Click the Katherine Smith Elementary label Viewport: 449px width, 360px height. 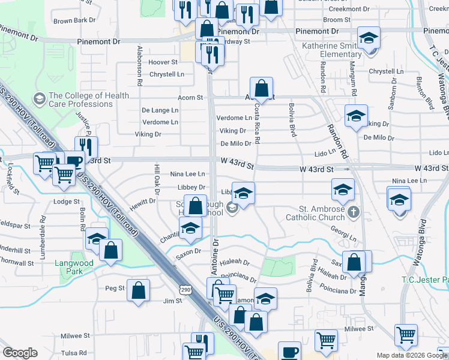click(x=340, y=50)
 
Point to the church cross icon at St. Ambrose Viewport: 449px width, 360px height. click(x=354, y=211)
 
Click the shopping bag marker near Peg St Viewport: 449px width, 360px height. click(x=139, y=291)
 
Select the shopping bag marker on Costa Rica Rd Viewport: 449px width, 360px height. click(x=262, y=89)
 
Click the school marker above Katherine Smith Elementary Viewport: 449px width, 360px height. click(x=369, y=38)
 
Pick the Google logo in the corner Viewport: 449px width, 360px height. click(x=20, y=353)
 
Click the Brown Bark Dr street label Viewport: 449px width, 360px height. click(x=74, y=20)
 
